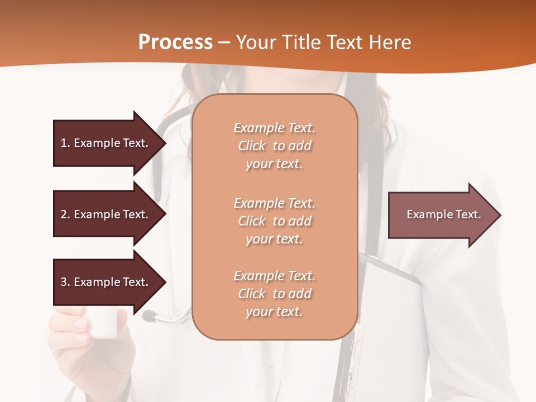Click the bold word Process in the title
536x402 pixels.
coord(175,42)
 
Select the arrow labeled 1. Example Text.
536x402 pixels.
coord(106,143)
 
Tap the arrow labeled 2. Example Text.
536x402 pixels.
coord(106,214)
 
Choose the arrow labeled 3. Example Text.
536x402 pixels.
coord(106,282)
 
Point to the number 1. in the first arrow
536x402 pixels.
coord(65,143)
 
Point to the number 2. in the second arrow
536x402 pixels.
coord(65,214)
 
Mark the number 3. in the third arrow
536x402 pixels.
coord(65,282)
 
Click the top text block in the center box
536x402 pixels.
coord(274,146)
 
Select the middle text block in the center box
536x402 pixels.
coord(274,221)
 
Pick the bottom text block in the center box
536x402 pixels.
coord(274,294)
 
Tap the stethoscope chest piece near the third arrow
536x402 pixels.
coord(149,316)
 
